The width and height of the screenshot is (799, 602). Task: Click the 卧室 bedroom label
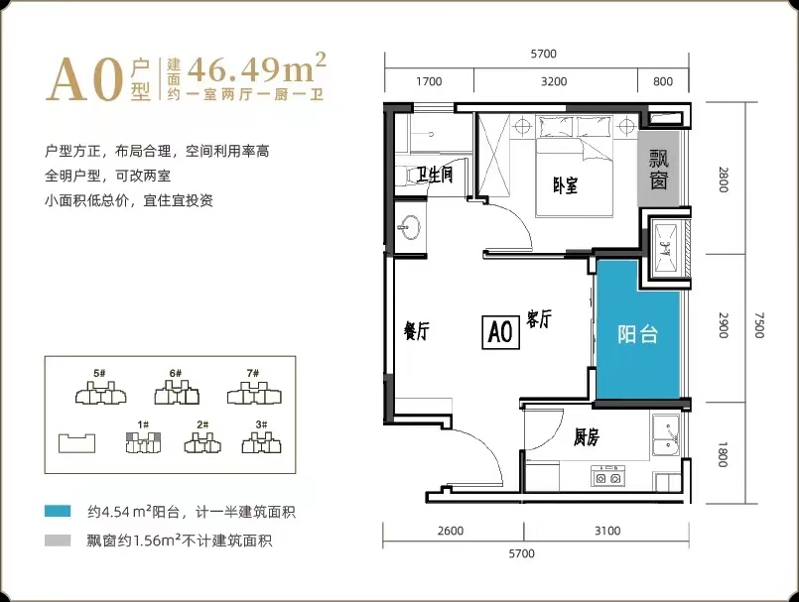click(x=565, y=185)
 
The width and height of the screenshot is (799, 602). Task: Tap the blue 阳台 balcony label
click(x=637, y=334)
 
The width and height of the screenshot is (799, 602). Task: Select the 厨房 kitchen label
click(x=587, y=437)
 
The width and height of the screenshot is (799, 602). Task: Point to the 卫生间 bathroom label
click(x=434, y=175)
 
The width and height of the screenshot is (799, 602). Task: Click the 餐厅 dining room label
click(x=416, y=331)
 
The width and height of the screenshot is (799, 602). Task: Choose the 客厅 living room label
click(x=539, y=319)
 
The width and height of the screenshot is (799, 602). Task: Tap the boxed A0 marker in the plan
click(x=500, y=332)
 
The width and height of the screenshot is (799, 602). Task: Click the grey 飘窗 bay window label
click(x=659, y=170)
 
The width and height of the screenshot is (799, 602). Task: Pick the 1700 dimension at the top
click(x=429, y=81)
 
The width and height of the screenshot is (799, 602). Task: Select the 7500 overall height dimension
click(x=759, y=325)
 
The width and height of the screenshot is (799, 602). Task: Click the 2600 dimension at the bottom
click(x=451, y=531)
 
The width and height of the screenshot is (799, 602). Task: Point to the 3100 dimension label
click(x=607, y=531)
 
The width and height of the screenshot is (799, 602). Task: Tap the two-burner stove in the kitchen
click(x=607, y=476)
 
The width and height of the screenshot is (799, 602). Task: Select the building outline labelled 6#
click(x=177, y=393)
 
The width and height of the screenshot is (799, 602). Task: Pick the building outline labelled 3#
click(x=261, y=442)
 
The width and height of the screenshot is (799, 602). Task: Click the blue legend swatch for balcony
click(x=58, y=511)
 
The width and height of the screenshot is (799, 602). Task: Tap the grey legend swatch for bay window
click(x=58, y=540)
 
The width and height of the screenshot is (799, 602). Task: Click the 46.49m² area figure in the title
click(x=256, y=68)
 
